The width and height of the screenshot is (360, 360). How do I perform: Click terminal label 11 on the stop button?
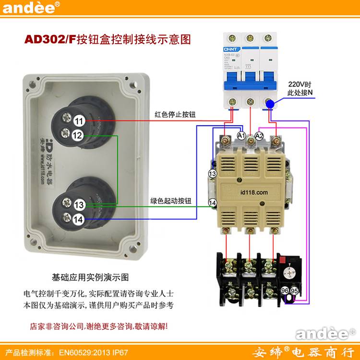click(x=80, y=121)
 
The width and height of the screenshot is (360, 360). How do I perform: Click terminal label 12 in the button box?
click(x=77, y=136)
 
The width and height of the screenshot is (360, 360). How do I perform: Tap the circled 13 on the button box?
click(x=80, y=205)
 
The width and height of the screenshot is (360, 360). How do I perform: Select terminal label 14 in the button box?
click(x=78, y=220)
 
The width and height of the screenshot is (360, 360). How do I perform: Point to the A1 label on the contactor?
click(x=242, y=136)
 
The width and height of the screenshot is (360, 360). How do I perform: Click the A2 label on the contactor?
click(x=260, y=136)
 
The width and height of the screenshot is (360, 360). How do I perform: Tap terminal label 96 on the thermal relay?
click(x=285, y=291)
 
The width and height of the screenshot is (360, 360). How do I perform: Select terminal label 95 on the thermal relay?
click(x=295, y=291)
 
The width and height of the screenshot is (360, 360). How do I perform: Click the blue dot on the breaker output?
click(x=270, y=104)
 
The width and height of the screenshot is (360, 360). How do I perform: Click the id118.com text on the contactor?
click(x=254, y=192)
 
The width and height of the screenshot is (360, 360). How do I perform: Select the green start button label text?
click(x=170, y=201)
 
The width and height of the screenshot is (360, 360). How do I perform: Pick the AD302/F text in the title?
click(x=50, y=40)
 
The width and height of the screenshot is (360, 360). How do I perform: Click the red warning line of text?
click(x=99, y=326)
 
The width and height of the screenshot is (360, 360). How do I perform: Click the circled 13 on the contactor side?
click(x=213, y=173)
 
